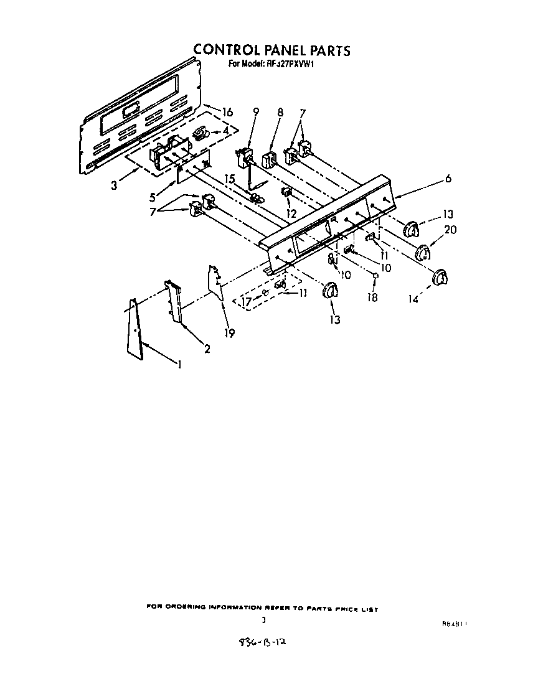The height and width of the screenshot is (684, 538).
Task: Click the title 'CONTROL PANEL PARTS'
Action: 271,50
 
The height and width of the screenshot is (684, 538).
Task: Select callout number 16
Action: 227,112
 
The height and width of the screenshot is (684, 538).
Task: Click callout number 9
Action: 255,113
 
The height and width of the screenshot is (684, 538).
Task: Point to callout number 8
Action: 280,113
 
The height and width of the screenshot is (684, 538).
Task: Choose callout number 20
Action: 451,230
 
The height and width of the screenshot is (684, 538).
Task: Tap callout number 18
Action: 372,297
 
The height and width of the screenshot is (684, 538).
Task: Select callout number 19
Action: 229,333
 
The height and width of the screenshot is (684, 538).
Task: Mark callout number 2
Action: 207,350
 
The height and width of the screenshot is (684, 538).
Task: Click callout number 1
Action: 179,365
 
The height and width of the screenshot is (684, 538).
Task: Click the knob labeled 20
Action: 423,253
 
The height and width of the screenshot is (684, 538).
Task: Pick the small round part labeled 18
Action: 376,275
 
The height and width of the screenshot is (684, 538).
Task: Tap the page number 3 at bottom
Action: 263,620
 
